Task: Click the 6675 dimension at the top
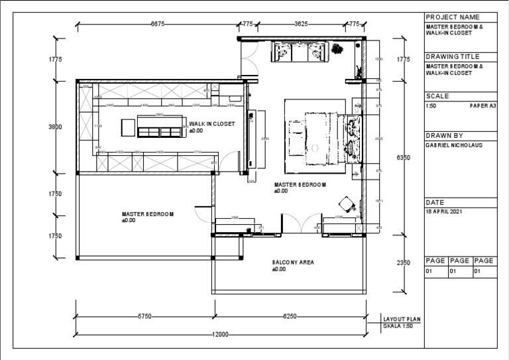[158, 24]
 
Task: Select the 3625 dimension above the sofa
[300, 24]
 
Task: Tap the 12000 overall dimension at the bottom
[221, 334]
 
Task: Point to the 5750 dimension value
[146, 317]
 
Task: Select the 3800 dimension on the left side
[55, 127]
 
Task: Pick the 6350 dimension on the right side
[403, 158]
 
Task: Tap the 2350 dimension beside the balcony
[403, 263]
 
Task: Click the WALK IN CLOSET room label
[211, 124]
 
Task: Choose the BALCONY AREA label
[293, 263]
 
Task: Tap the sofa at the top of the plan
[298, 52]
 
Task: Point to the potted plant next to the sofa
[338, 48]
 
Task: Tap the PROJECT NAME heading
[451, 17]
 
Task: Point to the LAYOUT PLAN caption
[402, 319]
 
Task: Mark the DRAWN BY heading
[444, 135]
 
